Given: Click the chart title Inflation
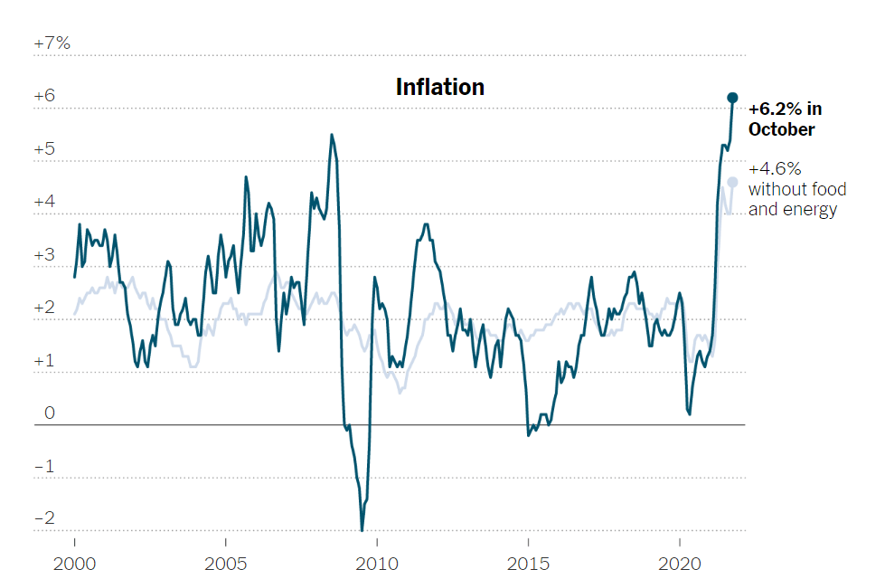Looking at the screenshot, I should pyautogui.click(x=440, y=87).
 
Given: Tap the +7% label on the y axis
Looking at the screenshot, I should pyautogui.click(x=52, y=43).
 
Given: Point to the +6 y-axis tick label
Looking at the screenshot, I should pyautogui.click(x=45, y=96).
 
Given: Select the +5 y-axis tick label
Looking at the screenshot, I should pyautogui.click(x=45, y=149).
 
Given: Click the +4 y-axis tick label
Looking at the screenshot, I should pyautogui.click(x=45, y=202).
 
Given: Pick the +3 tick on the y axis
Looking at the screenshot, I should pyautogui.click(x=45, y=255).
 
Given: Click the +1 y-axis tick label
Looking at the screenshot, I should pyautogui.click(x=45, y=361).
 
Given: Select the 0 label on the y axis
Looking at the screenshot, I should pyautogui.click(x=50, y=413).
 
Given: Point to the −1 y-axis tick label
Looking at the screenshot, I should pyautogui.click(x=45, y=467).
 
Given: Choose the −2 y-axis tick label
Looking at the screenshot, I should pyautogui.click(x=45, y=519).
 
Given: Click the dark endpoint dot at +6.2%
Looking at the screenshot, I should pyautogui.click(x=733, y=97).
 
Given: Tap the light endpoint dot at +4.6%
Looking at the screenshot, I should pyautogui.click(x=732, y=182).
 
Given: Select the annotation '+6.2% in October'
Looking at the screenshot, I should pyautogui.click(x=785, y=119).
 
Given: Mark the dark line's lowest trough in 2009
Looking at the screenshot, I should pyautogui.click(x=362, y=529).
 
